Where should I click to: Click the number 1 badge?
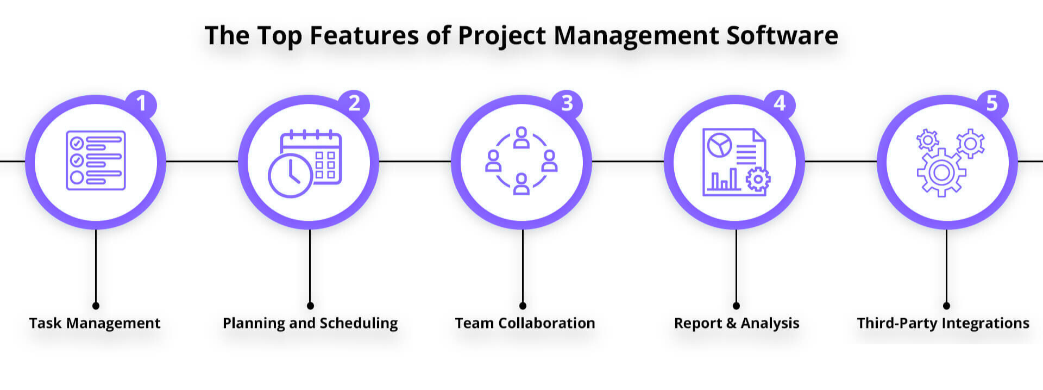[141, 103]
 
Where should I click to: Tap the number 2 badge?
[354, 103]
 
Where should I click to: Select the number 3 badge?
[567, 103]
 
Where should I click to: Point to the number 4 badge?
[780, 103]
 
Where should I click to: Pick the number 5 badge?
[992, 103]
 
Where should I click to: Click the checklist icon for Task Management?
[96, 160]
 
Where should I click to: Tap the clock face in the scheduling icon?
[290, 176]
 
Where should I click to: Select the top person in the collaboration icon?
[521, 138]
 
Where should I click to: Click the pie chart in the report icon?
[719, 145]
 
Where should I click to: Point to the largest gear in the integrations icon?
[941, 172]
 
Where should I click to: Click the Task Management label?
[95, 323]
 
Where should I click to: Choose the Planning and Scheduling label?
[310, 323]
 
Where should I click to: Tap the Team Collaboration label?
[525, 323]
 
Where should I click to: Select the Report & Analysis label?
[737, 323]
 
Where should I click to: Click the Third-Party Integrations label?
[943, 323]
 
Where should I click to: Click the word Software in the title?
[782, 35]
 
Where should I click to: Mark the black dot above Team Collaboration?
[523, 306]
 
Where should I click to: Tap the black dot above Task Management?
[96, 306]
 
